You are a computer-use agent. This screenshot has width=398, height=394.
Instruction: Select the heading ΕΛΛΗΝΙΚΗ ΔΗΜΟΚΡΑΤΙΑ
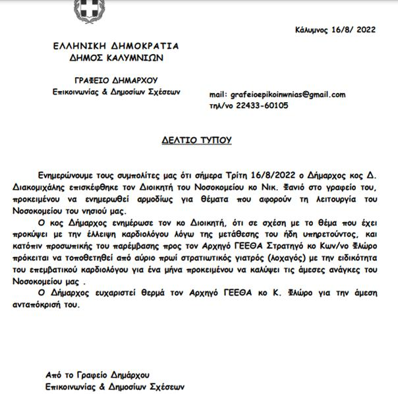(117, 47)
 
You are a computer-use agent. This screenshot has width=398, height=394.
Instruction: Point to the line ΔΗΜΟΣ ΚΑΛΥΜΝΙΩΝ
(117, 57)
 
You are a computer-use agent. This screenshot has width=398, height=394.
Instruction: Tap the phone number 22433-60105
(264, 105)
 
